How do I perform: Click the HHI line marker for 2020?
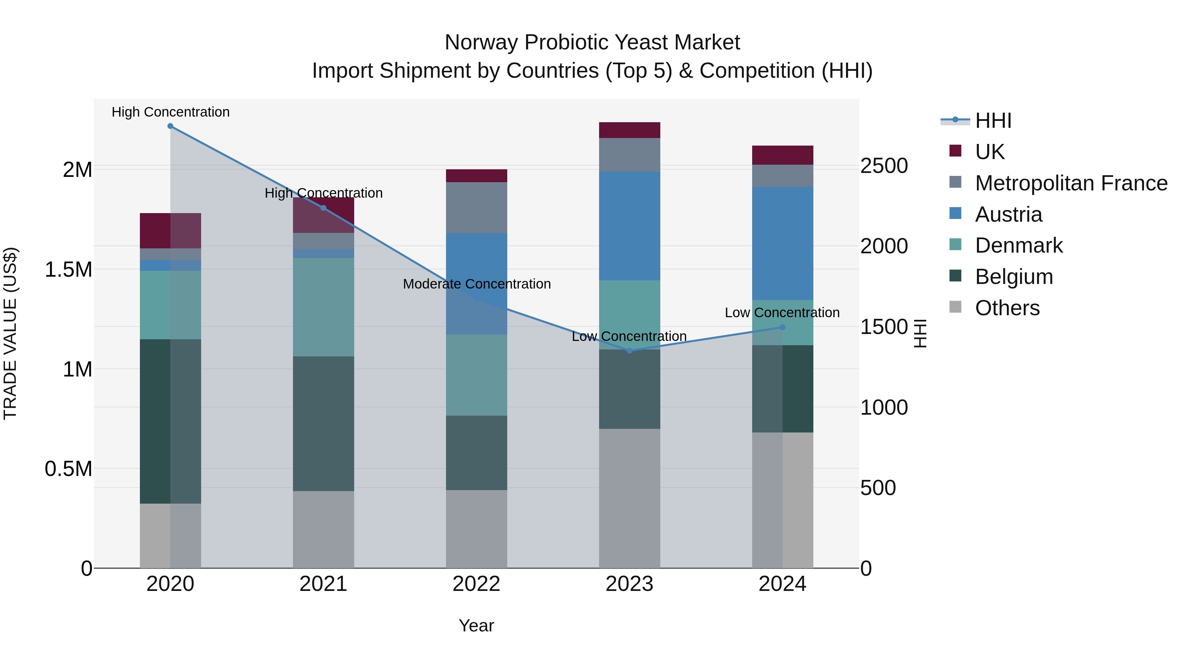170,126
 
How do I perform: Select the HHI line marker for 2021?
323,208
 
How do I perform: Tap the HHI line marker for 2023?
629,351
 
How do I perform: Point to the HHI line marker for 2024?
782,327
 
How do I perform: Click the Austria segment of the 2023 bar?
629,226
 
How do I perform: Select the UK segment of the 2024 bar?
782,155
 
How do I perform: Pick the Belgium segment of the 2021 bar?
323,424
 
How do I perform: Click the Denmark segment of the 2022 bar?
477,375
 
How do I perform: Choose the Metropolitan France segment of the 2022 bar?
477,208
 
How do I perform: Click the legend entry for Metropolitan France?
1071,183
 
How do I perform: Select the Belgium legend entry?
1014,277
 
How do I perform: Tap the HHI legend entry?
993,121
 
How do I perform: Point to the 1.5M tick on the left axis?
68,270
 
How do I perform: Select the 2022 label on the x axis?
477,584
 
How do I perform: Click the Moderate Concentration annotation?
477,284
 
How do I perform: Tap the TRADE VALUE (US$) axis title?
10,333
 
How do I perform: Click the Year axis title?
477,625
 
